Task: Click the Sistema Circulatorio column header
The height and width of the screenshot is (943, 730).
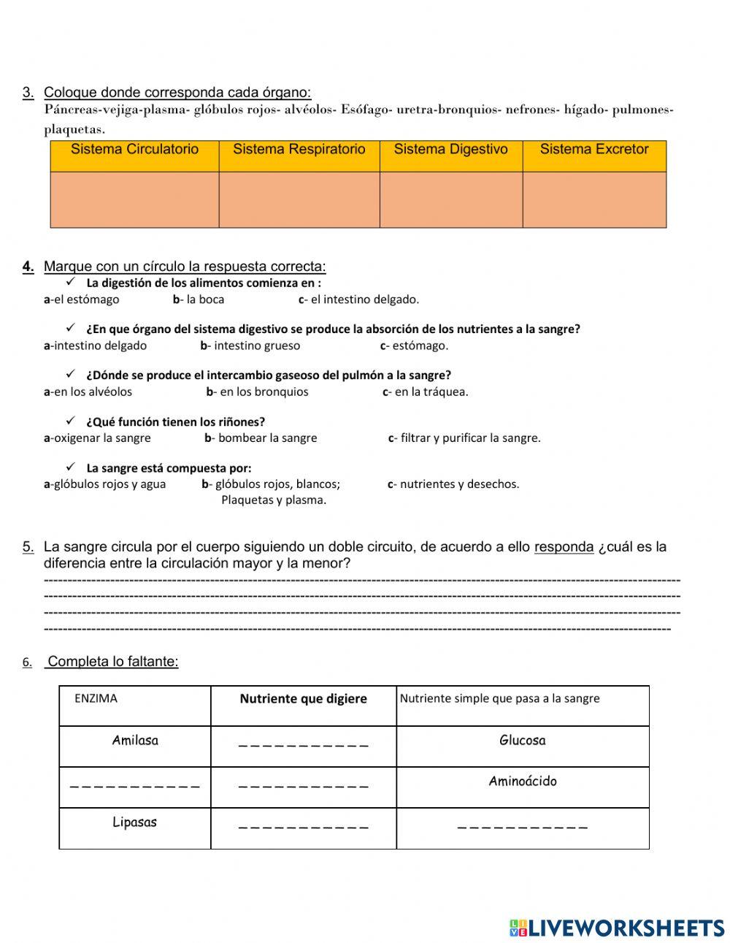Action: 134,150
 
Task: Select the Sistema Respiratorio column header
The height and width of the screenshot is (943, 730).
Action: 299,150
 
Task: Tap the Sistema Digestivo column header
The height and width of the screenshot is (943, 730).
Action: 450,150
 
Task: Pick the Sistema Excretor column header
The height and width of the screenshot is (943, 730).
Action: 593,150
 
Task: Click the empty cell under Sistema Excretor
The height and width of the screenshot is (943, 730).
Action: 594,199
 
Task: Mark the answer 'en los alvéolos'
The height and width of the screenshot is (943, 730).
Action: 88,392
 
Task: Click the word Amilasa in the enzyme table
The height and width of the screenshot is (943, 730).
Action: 135,741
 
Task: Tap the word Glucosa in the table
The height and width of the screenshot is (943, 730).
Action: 522,741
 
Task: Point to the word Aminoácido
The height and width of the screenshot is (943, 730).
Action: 522,782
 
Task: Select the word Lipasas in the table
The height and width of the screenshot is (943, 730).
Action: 135,822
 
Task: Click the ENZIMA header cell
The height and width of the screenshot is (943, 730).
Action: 96,698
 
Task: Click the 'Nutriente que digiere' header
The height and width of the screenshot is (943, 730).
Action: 303,699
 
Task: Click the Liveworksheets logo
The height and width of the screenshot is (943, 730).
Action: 616,928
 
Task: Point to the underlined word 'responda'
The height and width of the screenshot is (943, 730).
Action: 564,547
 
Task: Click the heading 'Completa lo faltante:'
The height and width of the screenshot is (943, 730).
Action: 112,662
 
